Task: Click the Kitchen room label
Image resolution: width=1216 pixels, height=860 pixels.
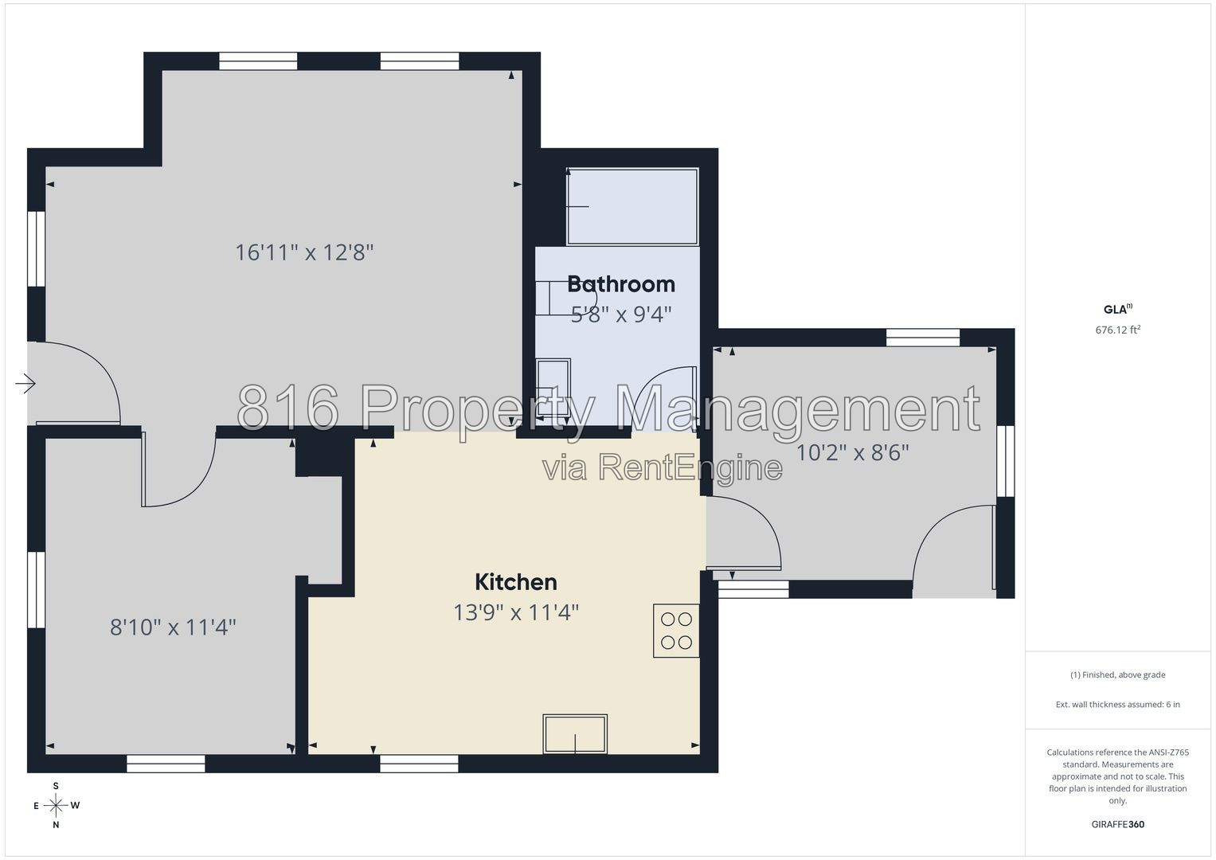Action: (x=516, y=582)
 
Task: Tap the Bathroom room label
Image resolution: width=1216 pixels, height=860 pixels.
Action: (x=621, y=284)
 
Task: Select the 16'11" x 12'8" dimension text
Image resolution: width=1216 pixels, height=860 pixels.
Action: (x=304, y=252)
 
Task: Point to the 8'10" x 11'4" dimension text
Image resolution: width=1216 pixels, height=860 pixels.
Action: (x=173, y=627)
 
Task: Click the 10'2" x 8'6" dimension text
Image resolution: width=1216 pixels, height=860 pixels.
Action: (x=852, y=452)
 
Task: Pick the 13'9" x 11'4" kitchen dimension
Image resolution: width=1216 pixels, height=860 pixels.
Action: (x=516, y=612)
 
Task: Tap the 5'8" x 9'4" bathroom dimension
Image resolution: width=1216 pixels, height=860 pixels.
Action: (x=621, y=315)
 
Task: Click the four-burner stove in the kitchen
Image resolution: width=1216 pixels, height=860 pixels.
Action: (x=676, y=631)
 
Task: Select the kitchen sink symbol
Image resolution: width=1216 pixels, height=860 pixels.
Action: (x=575, y=734)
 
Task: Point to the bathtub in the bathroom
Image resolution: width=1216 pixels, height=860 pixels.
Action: (x=631, y=207)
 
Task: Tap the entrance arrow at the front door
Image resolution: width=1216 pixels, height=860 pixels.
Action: (x=25, y=384)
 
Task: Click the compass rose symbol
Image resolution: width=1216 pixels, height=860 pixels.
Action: (x=56, y=805)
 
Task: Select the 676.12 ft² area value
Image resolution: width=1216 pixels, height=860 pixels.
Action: (x=1118, y=330)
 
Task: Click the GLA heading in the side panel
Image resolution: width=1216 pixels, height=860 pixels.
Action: (x=1118, y=309)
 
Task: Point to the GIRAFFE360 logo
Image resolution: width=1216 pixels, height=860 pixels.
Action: (x=1118, y=824)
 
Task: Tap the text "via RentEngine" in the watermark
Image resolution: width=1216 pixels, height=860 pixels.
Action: (x=663, y=467)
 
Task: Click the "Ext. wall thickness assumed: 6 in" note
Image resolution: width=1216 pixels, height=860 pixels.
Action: (x=1118, y=704)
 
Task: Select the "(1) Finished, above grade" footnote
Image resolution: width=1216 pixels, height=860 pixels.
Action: (x=1118, y=674)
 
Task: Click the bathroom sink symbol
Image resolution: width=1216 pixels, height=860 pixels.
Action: (x=553, y=388)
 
